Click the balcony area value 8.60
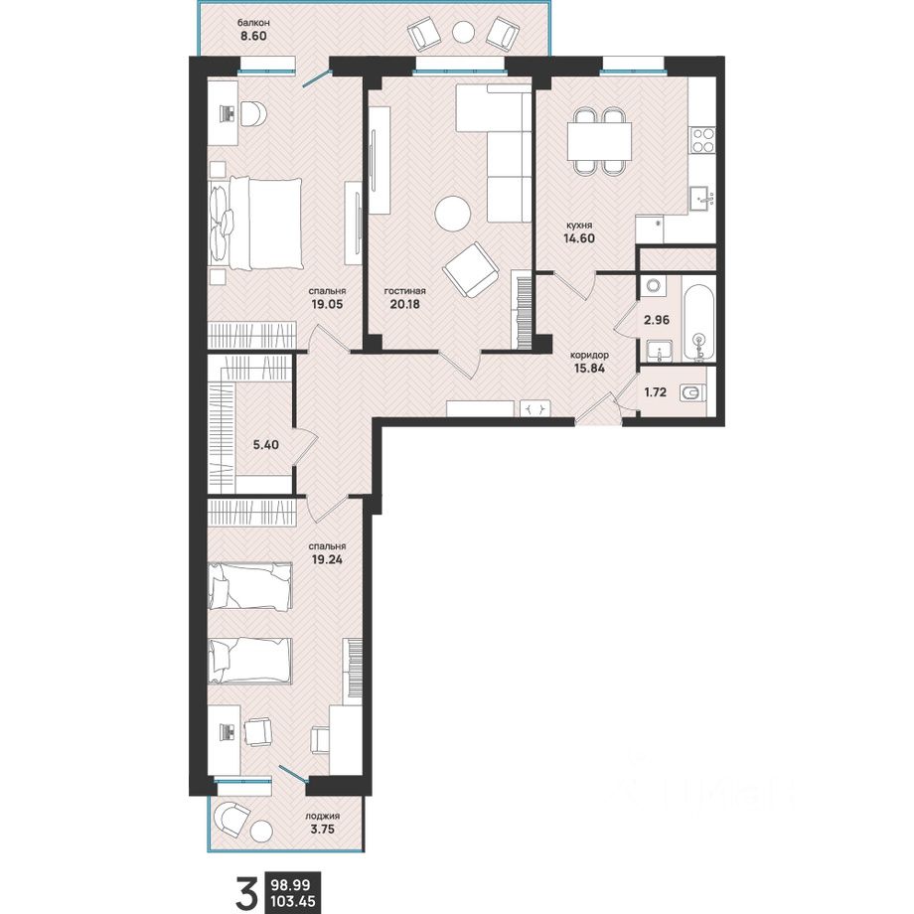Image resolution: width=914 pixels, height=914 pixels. pyautogui.click(x=253, y=36)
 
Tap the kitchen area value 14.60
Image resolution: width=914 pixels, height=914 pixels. pyautogui.click(x=579, y=237)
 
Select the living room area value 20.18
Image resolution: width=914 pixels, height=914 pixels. pyautogui.click(x=404, y=304)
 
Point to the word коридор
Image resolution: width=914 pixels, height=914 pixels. pyautogui.click(x=589, y=355)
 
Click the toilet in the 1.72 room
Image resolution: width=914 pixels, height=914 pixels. pyautogui.click(x=692, y=393)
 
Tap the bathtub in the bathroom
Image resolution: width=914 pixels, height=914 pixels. pyautogui.click(x=698, y=321)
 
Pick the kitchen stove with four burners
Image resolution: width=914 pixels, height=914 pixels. pyautogui.click(x=703, y=140)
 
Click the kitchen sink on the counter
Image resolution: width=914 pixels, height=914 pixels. pyautogui.click(x=702, y=199)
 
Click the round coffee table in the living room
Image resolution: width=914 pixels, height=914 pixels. pyautogui.click(x=453, y=213)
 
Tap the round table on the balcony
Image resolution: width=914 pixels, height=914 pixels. pyautogui.click(x=463, y=32)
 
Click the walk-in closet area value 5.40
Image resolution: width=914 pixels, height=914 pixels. pyautogui.click(x=265, y=445)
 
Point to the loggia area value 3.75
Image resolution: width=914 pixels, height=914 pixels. pyautogui.click(x=322, y=829)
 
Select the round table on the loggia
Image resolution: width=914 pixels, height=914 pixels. pyautogui.click(x=261, y=832)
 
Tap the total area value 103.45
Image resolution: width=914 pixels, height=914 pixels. pyautogui.click(x=293, y=901)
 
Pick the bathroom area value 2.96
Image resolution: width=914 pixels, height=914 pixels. pyautogui.click(x=657, y=320)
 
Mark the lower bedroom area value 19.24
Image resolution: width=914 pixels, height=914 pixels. pyautogui.click(x=326, y=559)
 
